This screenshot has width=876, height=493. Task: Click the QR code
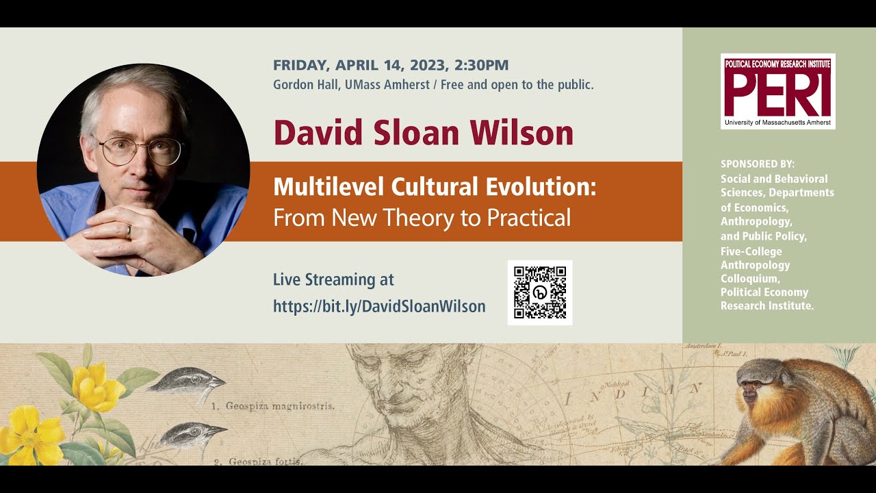click(540, 292)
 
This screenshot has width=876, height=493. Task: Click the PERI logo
click(778, 91)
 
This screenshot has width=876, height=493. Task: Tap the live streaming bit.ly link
click(379, 306)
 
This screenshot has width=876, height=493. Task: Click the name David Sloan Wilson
click(423, 132)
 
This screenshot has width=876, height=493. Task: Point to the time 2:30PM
click(482, 66)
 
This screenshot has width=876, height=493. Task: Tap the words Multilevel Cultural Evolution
click(435, 188)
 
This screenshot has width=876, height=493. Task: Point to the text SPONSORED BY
click(758, 164)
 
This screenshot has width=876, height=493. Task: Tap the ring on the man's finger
click(128, 231)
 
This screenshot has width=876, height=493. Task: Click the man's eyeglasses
click(140, 150)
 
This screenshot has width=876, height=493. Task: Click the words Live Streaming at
click(333, 279)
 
